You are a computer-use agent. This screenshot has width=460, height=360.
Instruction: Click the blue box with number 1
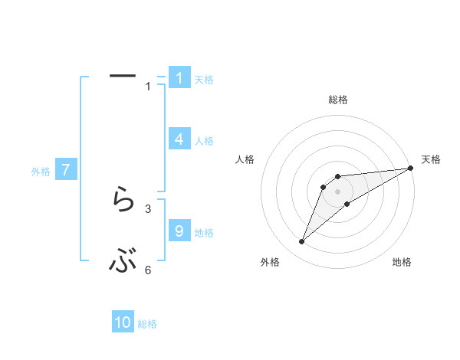[x=179, y=78]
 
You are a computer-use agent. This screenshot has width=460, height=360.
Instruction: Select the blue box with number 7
[x=67, y=170]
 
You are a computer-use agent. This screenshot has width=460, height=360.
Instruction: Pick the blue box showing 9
[x=179, y=231]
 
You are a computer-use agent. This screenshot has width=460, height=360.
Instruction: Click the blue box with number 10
[x=123, y=322]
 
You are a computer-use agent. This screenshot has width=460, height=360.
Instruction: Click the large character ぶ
[x=123, y=263]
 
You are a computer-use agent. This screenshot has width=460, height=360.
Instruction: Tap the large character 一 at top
[x=123, y=76]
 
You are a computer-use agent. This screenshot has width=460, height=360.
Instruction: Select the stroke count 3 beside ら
[x=148, y=208]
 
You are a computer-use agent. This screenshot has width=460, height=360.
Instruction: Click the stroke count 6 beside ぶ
[x=148, y=270]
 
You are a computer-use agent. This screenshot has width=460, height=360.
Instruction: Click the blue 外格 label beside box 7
[x=41, y=172]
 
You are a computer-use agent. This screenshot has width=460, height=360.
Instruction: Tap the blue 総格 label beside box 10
[x=147, y=324]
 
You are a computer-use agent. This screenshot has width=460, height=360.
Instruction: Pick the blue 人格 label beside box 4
[x=204, y=141]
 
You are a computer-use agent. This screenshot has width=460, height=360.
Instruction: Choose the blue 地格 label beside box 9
[x=204, y=233]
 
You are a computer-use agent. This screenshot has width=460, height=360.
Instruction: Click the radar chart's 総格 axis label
[x=337, y=100]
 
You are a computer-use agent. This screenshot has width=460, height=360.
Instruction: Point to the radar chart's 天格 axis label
[x=431, y=159]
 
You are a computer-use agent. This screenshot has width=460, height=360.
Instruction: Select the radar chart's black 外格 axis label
[x=270, y=263]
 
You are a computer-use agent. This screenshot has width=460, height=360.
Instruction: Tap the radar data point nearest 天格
[x=410, y=168]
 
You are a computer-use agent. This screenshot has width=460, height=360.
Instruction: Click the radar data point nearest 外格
[x=302, y=242]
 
